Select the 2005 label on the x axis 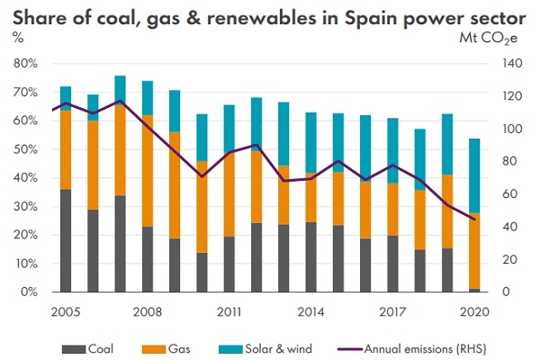tap(64, 311)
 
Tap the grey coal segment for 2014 tap(310, 257)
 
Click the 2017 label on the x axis tap(391, 311)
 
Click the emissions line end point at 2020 tap(474, 219)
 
